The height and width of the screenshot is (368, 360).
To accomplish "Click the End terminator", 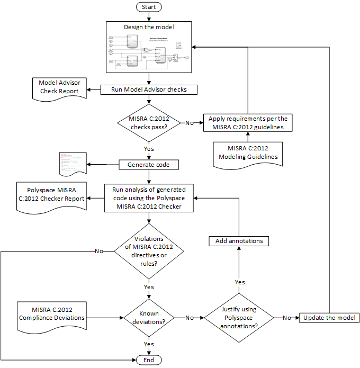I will [x=149, y=360].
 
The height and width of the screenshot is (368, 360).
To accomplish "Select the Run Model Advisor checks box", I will [x=149, y=89].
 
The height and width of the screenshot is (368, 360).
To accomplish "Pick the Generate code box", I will [x=149, y=165].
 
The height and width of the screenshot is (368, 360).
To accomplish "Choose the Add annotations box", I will [x=239, y=241].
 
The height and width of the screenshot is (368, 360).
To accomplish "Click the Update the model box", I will [x=330, y=318].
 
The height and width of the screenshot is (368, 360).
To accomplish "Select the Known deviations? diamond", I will [x=149, y=318].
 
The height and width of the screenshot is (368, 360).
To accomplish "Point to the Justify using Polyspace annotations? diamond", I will [x=239, y=318].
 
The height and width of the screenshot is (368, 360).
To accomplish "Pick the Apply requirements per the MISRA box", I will [x=248, y=123].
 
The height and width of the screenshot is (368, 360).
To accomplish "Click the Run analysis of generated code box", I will [x=149, y=198].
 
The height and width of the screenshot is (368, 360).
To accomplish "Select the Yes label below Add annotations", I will [x=239, y=282].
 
